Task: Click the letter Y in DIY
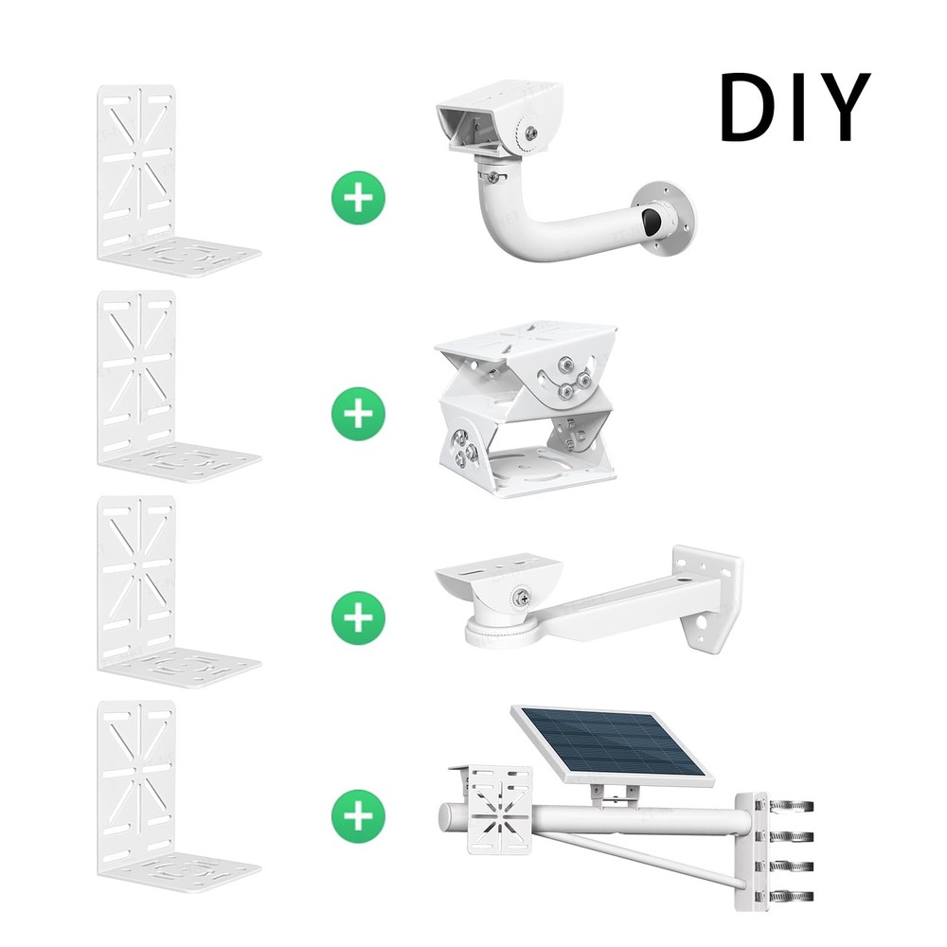pos(841,107)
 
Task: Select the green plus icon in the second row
pos(359,413)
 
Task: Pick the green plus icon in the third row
pos(359,618)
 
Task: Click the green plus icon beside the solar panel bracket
pos(359,813)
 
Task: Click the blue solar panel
pos(611,743)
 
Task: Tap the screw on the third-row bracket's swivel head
pos(520,598)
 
